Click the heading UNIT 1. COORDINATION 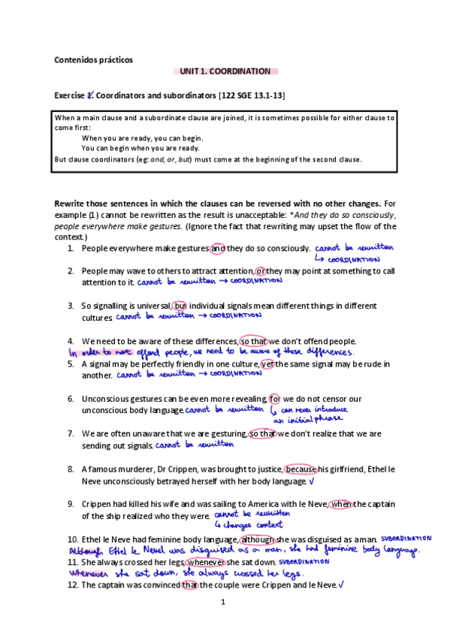[225, 71]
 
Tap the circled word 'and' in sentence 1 [218, 249]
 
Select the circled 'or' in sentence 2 [260, 270]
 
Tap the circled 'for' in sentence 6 [274, 398]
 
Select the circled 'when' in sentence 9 [340, 504]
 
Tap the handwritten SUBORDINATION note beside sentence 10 [406, 539]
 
